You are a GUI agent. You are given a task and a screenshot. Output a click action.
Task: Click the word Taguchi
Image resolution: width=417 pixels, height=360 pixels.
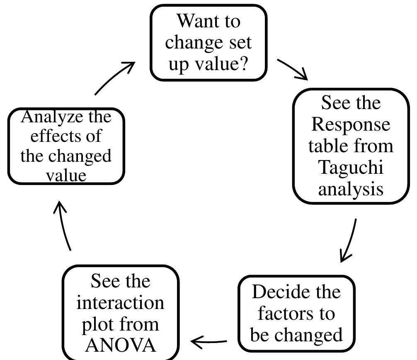tap(351, 168)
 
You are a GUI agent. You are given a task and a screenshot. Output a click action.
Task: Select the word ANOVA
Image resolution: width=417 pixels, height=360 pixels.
tap(121, 345)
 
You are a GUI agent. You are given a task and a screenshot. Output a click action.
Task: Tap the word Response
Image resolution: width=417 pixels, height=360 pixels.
tap(351, 124)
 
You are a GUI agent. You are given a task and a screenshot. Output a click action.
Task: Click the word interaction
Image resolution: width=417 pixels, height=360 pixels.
tap(121, 302)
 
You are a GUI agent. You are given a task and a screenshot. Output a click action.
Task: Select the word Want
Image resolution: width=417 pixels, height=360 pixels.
tap(191, 21)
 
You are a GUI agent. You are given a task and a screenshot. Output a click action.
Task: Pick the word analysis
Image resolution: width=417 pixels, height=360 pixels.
tap(351, 189)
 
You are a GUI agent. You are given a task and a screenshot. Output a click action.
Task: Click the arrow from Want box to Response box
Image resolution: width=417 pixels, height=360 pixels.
tap(292, 68)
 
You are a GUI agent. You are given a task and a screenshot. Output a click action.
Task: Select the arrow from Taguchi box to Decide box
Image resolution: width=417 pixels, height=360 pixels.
tap(349, 241)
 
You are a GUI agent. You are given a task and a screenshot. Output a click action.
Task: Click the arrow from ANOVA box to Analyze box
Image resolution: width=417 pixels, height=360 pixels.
tap(64, 226)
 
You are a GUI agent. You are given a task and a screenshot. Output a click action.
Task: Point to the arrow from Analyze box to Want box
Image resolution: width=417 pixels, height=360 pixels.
tap(115, 78)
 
